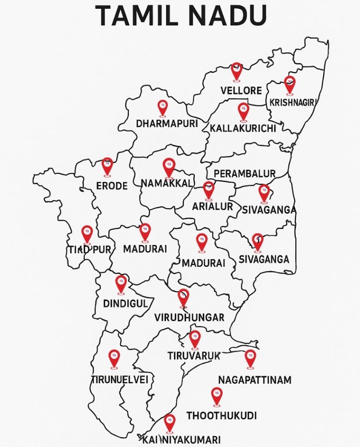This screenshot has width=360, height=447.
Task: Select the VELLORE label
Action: [x=241, y=91]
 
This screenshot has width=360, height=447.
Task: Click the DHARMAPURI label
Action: [x=166, y=124]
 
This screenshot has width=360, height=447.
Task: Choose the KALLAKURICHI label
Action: [x=242, y=128]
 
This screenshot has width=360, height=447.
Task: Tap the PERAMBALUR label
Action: [x=245, y=173]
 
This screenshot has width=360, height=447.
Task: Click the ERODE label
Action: [x=112, y=186]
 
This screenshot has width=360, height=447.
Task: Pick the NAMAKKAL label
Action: [x=166, y=183]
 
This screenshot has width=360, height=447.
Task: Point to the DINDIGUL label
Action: [x=125, y=303]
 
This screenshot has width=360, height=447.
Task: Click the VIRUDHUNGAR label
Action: [x=189, y=317]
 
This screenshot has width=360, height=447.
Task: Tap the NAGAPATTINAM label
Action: [x=254, y=380]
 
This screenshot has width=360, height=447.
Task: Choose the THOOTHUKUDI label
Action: [x=222, y=416]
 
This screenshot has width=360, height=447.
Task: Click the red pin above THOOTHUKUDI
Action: [x=216, y=395]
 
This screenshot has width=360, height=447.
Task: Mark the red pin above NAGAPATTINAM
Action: [x=249, y=358]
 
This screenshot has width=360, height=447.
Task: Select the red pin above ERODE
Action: [x=107, y=166]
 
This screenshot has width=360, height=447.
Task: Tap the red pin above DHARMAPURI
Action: [x=163, y=107]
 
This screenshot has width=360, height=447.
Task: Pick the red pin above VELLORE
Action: [x=236, y=70]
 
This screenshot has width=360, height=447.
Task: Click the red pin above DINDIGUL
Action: [x=121, y=283]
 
